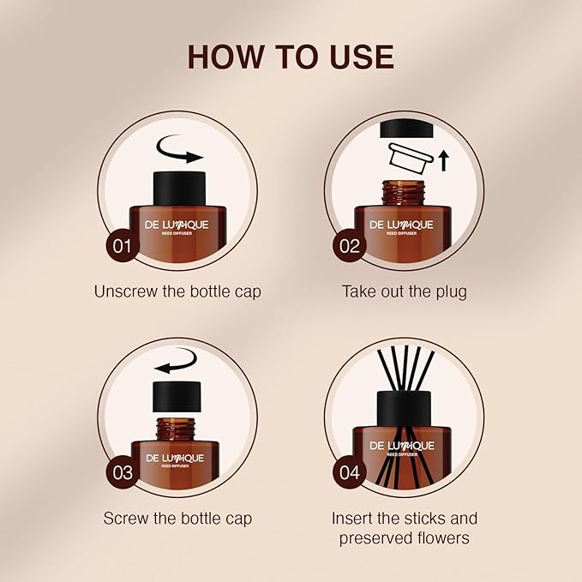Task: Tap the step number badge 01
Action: [x=123, y=246]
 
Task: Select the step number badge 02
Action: [x=350, y=246]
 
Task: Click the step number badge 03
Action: [x=123, y=472]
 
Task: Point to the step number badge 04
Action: [x=350, y=472]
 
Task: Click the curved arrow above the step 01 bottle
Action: [x=177, y=155]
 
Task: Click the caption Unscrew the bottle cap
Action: [x=177, y=291]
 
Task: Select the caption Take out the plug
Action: [x=405, y=291]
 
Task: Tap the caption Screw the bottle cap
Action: [x=177, y=518]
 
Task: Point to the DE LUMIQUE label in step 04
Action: [x=402, y=446]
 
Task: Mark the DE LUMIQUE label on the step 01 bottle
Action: [x=176, y=225]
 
